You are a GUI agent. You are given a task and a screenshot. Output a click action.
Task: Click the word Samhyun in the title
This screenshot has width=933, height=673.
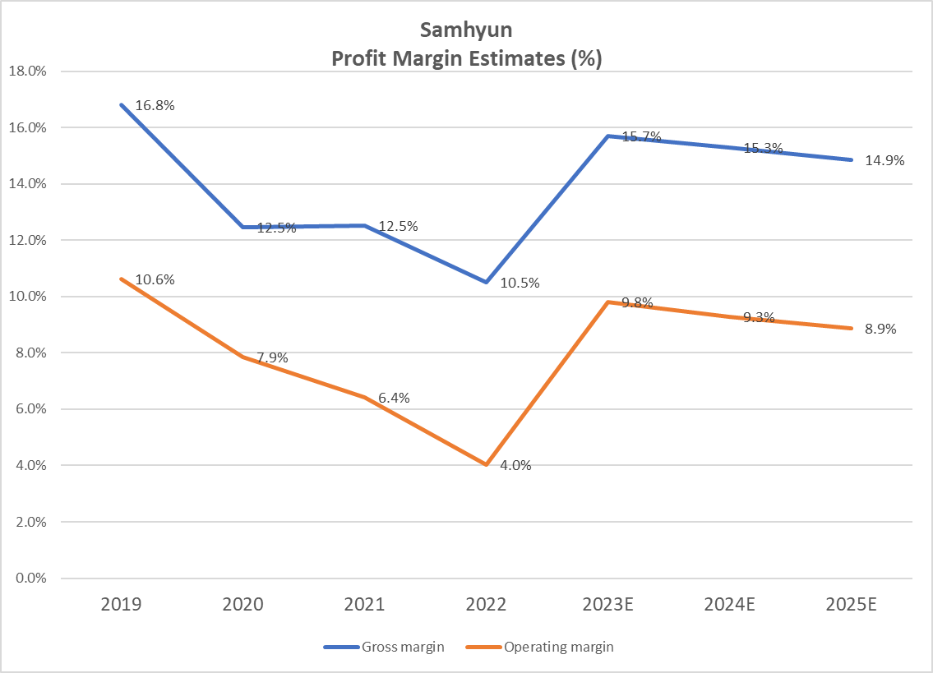click(x=466, y=30)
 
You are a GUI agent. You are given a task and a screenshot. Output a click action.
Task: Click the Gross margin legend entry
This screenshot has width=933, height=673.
click(x=385, y=647)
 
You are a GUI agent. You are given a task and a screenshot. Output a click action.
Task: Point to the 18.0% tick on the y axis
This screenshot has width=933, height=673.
click(x=26, y=71)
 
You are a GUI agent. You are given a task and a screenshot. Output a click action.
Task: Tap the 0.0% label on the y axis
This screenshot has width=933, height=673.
click(x=30, y=579)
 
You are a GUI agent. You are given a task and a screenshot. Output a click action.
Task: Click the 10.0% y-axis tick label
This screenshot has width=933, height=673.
click(x=26, y=297)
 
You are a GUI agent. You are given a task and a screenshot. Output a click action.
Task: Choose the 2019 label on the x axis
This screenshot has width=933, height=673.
click(x=121, y=605)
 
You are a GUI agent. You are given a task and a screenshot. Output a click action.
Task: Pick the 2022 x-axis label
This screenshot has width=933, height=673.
click(x=486, y=605)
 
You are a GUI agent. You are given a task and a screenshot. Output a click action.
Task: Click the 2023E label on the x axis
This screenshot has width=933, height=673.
click(x=607, y=605)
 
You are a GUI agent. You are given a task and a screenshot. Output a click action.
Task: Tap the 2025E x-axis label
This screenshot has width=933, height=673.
click(x=851, y=605)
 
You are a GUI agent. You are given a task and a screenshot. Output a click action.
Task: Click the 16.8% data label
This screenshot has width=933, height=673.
click(x=155, y=105)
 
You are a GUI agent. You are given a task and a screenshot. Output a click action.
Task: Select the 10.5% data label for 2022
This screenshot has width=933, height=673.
click(x=520, y=283)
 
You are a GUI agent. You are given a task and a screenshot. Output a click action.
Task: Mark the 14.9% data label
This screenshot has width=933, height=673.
click(x=885, y=161)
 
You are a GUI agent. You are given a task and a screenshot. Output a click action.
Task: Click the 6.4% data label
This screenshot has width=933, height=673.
click(x=394, y=398)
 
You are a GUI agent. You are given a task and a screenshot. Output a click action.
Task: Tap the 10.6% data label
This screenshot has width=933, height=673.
click(x=155, y=279)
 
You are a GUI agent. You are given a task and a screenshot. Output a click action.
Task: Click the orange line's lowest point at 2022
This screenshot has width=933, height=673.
click(x=487, y=465)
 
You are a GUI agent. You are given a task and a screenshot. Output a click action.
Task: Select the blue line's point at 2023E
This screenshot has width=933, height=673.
click(x=608, y=136)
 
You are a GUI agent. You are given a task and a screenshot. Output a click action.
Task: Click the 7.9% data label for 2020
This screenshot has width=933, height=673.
click(x=272, y=357)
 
